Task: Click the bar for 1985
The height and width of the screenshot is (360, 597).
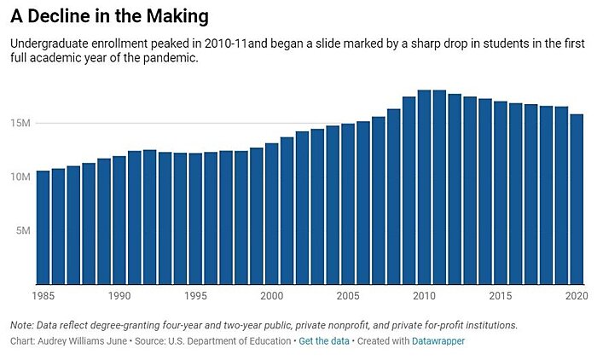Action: [43, 227]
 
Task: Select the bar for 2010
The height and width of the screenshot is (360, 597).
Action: [424, 187]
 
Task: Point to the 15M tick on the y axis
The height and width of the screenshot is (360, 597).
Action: [22, 124]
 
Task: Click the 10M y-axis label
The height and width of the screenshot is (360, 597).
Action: [22, 177]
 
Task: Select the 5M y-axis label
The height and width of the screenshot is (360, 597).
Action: [25, 230]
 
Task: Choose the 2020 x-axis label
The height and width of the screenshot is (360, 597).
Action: [575, 296]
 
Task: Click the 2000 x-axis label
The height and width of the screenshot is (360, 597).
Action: [271, 296]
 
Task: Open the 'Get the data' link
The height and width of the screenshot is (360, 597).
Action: [322, 340]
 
